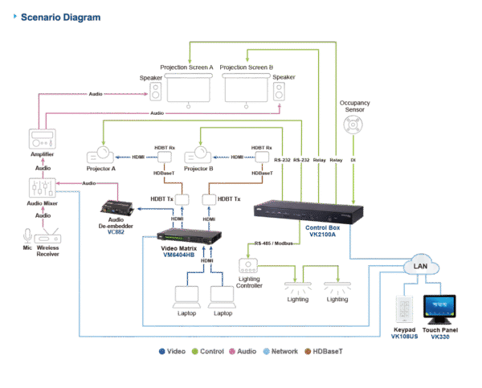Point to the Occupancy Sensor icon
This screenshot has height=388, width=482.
pos(353,126)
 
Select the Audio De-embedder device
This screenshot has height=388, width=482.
pos(115,209)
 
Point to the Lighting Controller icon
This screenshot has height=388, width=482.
pos(248,266)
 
